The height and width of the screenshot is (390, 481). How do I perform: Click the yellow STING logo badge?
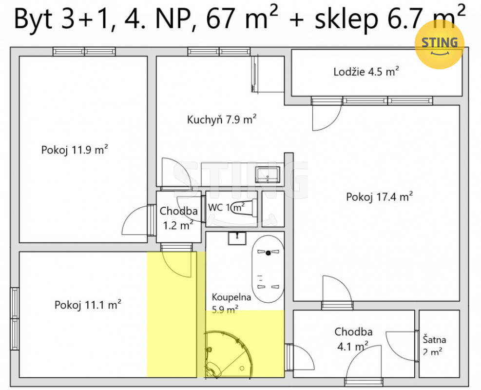(439, 44)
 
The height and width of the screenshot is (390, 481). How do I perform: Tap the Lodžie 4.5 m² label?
(366, 72)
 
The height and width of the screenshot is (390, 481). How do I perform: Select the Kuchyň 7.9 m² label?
(222, 119)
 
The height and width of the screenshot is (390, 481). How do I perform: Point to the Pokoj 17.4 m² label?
(380, 196)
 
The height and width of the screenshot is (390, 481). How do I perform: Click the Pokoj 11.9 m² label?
(75, 150)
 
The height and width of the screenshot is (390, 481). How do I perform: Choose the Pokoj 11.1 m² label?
(88, 305)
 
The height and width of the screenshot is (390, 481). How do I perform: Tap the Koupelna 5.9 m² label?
(231, 303)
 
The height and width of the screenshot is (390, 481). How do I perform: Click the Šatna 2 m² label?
(434, 346)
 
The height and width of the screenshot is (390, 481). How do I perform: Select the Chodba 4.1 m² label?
(353, 339)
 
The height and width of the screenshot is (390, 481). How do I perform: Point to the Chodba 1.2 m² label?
(178, 218)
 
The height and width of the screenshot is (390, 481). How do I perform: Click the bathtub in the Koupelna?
(268, 269)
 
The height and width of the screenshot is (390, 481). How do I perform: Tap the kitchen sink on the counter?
(268, 175)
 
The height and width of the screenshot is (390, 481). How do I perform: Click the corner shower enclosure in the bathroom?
(229, 354)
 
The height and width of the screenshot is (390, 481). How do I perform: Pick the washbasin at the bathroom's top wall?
(237, 238)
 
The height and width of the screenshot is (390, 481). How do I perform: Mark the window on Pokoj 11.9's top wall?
(84, 51)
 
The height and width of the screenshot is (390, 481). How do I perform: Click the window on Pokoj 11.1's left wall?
(15, 318)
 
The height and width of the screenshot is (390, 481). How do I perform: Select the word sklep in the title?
(346, 19)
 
